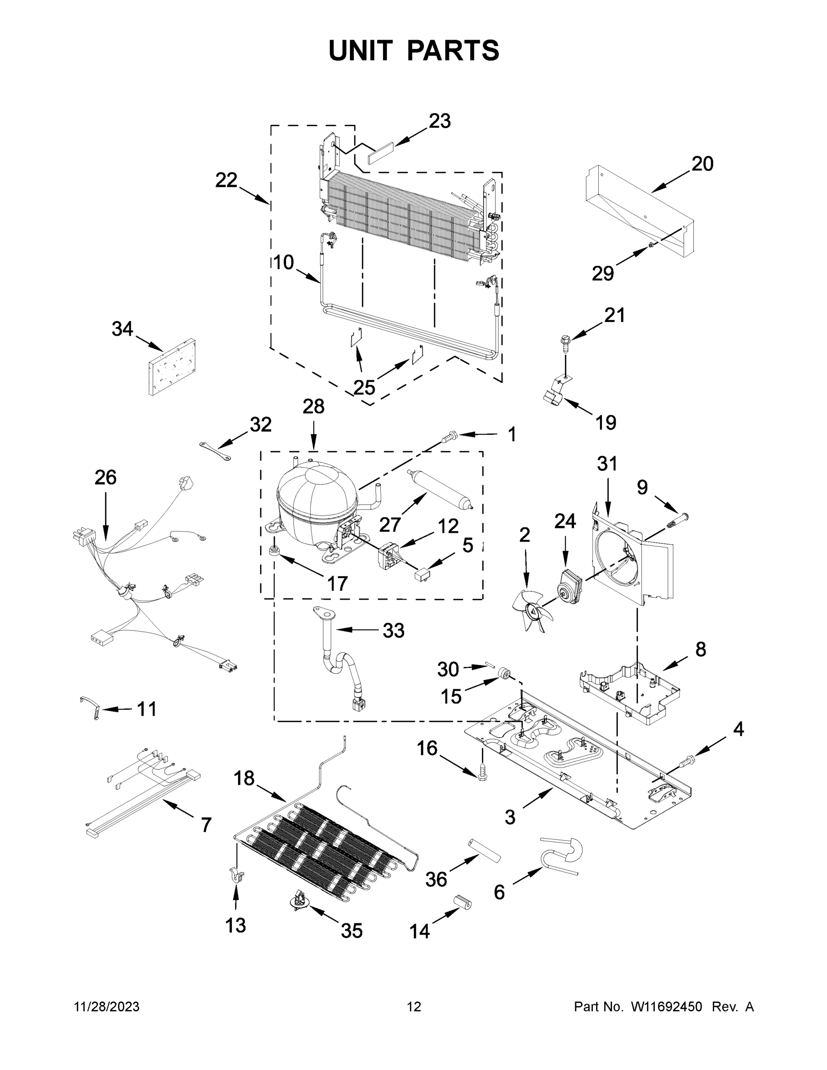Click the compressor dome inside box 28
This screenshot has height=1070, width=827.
click(316, 495)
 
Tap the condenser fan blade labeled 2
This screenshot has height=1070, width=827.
click(532, 610)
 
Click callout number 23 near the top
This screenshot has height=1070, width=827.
click(440, 121)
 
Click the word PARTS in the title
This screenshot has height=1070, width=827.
click(453, 51)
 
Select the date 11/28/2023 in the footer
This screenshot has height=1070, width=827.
click(106, 1007)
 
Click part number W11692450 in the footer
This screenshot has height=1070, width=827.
click(667, 1007)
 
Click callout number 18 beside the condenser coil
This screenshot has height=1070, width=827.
click(243, 778)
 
